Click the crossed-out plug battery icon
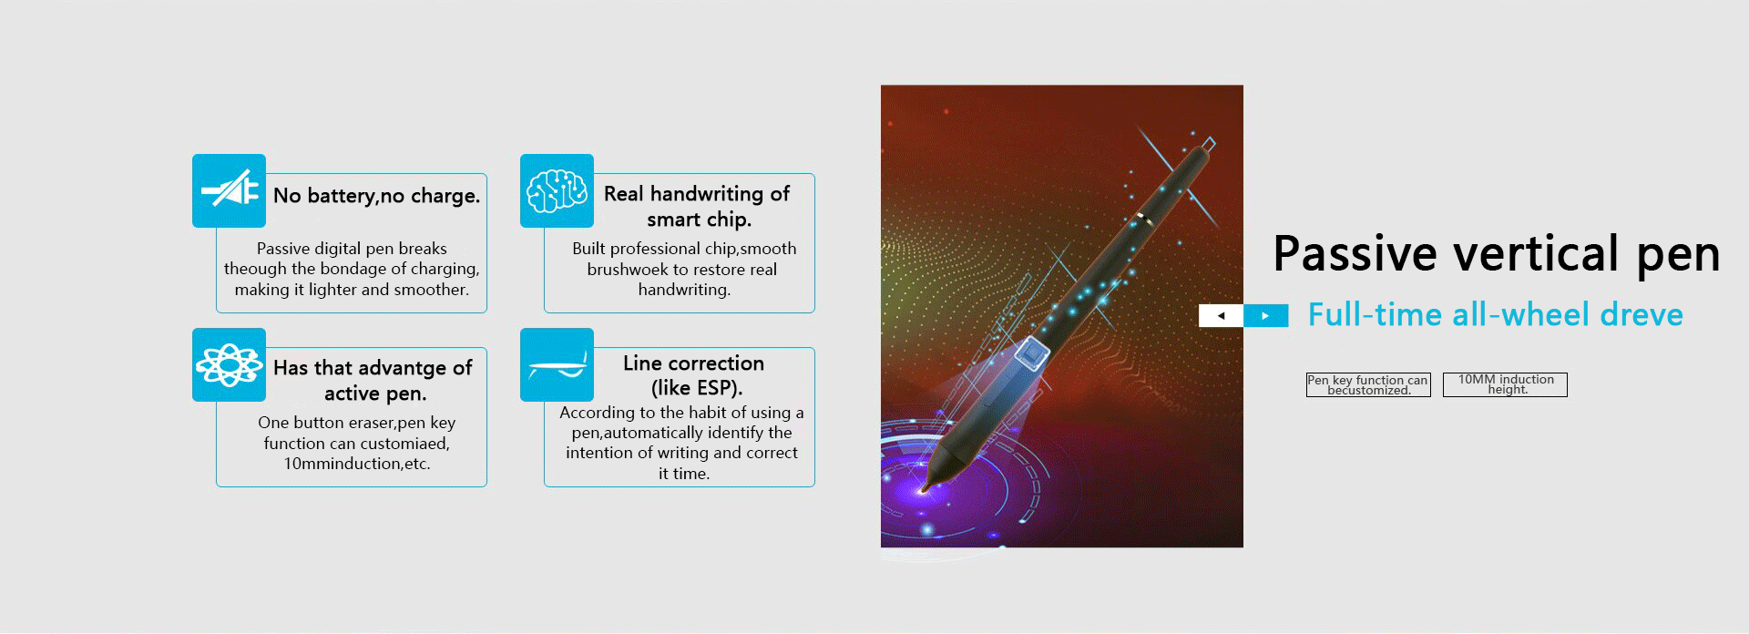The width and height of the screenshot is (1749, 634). [x=229, y=190]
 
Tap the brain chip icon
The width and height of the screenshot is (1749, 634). [x=557, y=190]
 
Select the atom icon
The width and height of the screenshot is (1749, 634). [x=229, y=364]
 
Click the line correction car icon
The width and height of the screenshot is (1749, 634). [x=557, y=364]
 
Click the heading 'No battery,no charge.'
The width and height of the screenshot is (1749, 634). [x=376, y=196]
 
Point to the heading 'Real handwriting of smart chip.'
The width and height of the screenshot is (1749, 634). [x=697, y=207]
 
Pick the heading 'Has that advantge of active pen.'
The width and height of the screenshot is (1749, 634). [x=373, y=381]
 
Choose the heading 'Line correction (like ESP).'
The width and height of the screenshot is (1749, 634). [x=694, y=375]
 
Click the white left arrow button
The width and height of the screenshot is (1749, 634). [x=1221, y=315]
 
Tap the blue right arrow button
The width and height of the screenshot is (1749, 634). [x=1266, y=315]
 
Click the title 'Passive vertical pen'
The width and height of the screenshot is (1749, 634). [x=1496, y=254]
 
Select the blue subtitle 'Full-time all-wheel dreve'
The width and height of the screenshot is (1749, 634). [x=1496, y=315]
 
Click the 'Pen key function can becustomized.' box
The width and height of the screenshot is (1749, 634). [x=1368, y=384]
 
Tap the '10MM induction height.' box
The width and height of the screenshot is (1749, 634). [x=1505, y=384]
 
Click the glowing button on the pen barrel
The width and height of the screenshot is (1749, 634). [x=1032, y=353]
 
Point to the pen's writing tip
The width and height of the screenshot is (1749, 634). [x=926, y=489]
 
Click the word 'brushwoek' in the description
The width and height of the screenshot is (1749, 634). [x=628, y=270]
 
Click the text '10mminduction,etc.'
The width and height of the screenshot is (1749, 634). [x=357, y=464]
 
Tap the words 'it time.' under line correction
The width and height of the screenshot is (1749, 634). [x=684, y=474]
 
